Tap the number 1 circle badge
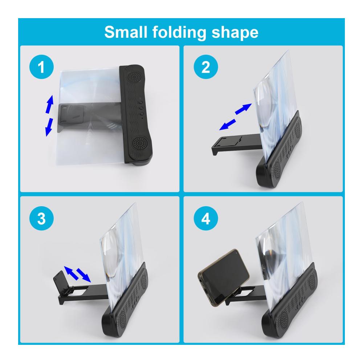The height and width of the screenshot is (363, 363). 41,67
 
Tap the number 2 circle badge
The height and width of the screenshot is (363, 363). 206,67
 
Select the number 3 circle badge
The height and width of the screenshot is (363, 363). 41,218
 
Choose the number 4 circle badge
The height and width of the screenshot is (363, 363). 206,218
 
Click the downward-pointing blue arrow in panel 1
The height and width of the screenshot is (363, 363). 49,127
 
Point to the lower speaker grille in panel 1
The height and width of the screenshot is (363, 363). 140,143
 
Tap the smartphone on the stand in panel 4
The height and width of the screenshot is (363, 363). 223,278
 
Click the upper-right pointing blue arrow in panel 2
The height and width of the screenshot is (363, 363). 243,109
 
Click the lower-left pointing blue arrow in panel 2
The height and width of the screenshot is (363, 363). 228,125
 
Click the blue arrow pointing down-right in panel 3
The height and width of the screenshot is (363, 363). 83,275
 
